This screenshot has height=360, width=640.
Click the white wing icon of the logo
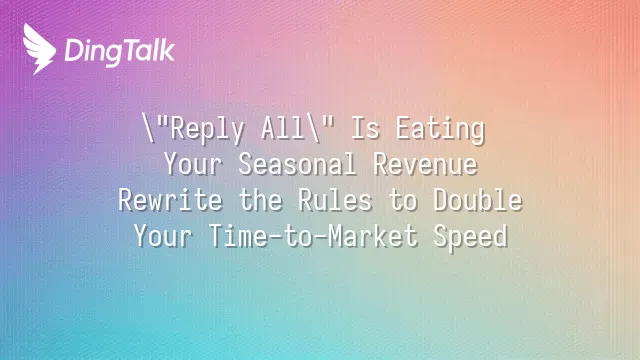click(x=38, y=49)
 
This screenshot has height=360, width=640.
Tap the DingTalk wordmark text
click(x=120, y=52)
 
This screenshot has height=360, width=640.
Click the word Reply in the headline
click(x=207, y=129)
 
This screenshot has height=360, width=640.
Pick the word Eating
click(x=440, y=129)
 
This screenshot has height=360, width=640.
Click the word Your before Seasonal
click(x=193, y=164)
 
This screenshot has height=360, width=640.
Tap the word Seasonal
click(x=298, y=164)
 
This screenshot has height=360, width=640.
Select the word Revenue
click(x=425, y=164)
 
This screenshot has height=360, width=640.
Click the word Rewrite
click(x=171, y=200)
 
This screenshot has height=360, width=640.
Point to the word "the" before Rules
click(x=260, y=200)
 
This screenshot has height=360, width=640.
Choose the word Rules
click(x=335, y=200)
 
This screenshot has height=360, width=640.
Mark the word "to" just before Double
click(x=402, y=200)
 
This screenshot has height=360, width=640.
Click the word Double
click(x=478, y=200)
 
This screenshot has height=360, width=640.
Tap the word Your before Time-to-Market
click(x=163, y=236)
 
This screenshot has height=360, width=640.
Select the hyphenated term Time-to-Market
click(x=313, y=236)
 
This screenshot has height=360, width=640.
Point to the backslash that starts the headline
click(x=148, y=128)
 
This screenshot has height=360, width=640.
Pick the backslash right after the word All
click(x=313, y=128)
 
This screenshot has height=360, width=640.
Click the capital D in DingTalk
click(x=74, y=51)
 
